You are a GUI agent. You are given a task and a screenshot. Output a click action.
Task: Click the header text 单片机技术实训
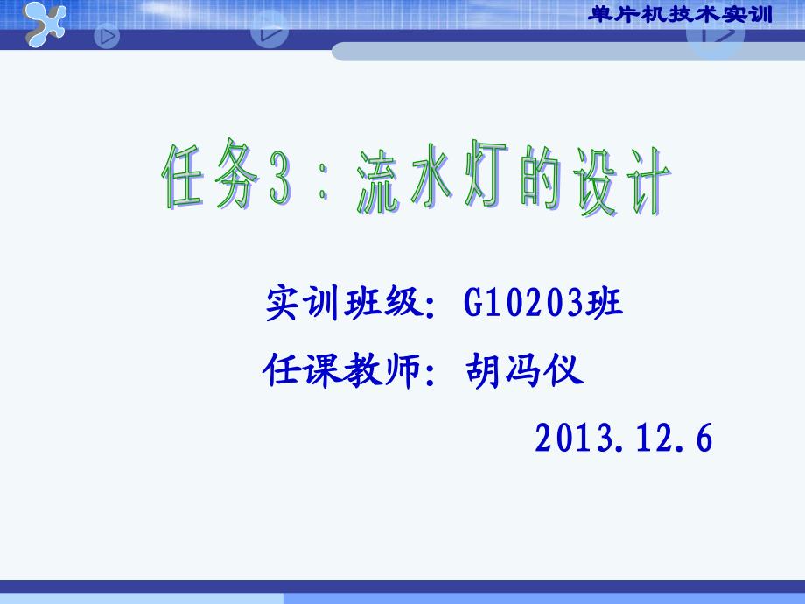pos(680,14)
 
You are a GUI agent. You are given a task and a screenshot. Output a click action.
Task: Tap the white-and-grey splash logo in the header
pos(45,24)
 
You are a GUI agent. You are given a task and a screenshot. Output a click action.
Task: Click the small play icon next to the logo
pos(107,37)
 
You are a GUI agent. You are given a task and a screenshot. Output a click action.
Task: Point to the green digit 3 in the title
pos(280,179)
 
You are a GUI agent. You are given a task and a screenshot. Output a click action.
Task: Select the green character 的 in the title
pos(540,179)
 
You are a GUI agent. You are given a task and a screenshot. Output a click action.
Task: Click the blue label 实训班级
pos(344,303)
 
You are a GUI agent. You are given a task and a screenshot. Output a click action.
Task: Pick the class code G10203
pos(523,301)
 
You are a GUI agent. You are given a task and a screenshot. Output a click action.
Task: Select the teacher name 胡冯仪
pos(524,369)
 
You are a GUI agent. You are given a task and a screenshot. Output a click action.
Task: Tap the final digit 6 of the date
pos(703,438)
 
